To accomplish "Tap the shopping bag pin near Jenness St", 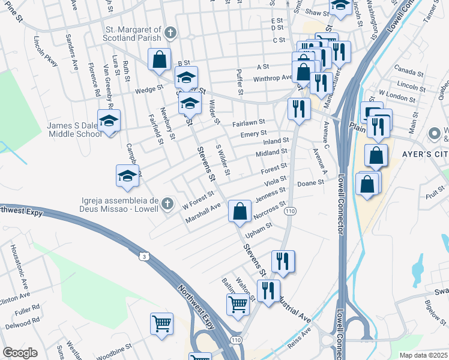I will coord(240,211).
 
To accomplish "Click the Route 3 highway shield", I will coord(143,256).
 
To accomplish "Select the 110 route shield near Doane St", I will coord(291,211).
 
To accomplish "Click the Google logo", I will coord(20,353).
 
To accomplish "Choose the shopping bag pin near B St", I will coord(159,60).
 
